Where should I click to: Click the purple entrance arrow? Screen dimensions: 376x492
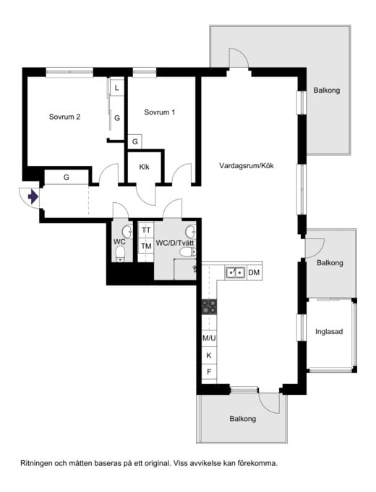[x=33, y=197]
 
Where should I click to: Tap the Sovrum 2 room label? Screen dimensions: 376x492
[x=64, y=117]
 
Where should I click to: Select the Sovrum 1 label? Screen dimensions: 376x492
[x=160, y=112]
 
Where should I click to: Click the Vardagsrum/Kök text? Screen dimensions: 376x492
[x=247, y=166]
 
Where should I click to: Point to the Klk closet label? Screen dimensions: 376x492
[x=145, y=167]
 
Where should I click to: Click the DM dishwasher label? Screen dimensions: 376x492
[x=254, y=272]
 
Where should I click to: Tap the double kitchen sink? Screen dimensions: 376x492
[x=235, y=272]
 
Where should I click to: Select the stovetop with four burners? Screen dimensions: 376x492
[x=209, y=307]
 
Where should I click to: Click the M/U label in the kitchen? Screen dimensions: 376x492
[x=209, y=338]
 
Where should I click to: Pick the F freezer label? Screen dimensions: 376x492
[x=209, y=372]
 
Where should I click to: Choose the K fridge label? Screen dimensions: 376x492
[x=209, y=356]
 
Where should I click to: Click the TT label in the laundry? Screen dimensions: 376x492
[x=146, y=230]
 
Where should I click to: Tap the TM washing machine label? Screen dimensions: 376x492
[x=146, y=246]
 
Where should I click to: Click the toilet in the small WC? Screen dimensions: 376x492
[x=120, y=253]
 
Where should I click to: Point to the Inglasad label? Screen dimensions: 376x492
[x=329, y=332]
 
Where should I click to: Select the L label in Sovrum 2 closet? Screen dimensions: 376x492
[x=116, y=88]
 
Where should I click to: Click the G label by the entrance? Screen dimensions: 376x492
[x=66, y=178]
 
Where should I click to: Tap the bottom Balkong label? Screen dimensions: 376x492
[x=243, y=419]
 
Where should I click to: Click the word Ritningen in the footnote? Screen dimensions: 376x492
[x=35, y=463]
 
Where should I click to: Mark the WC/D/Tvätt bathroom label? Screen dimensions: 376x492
[x=175, y=243]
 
